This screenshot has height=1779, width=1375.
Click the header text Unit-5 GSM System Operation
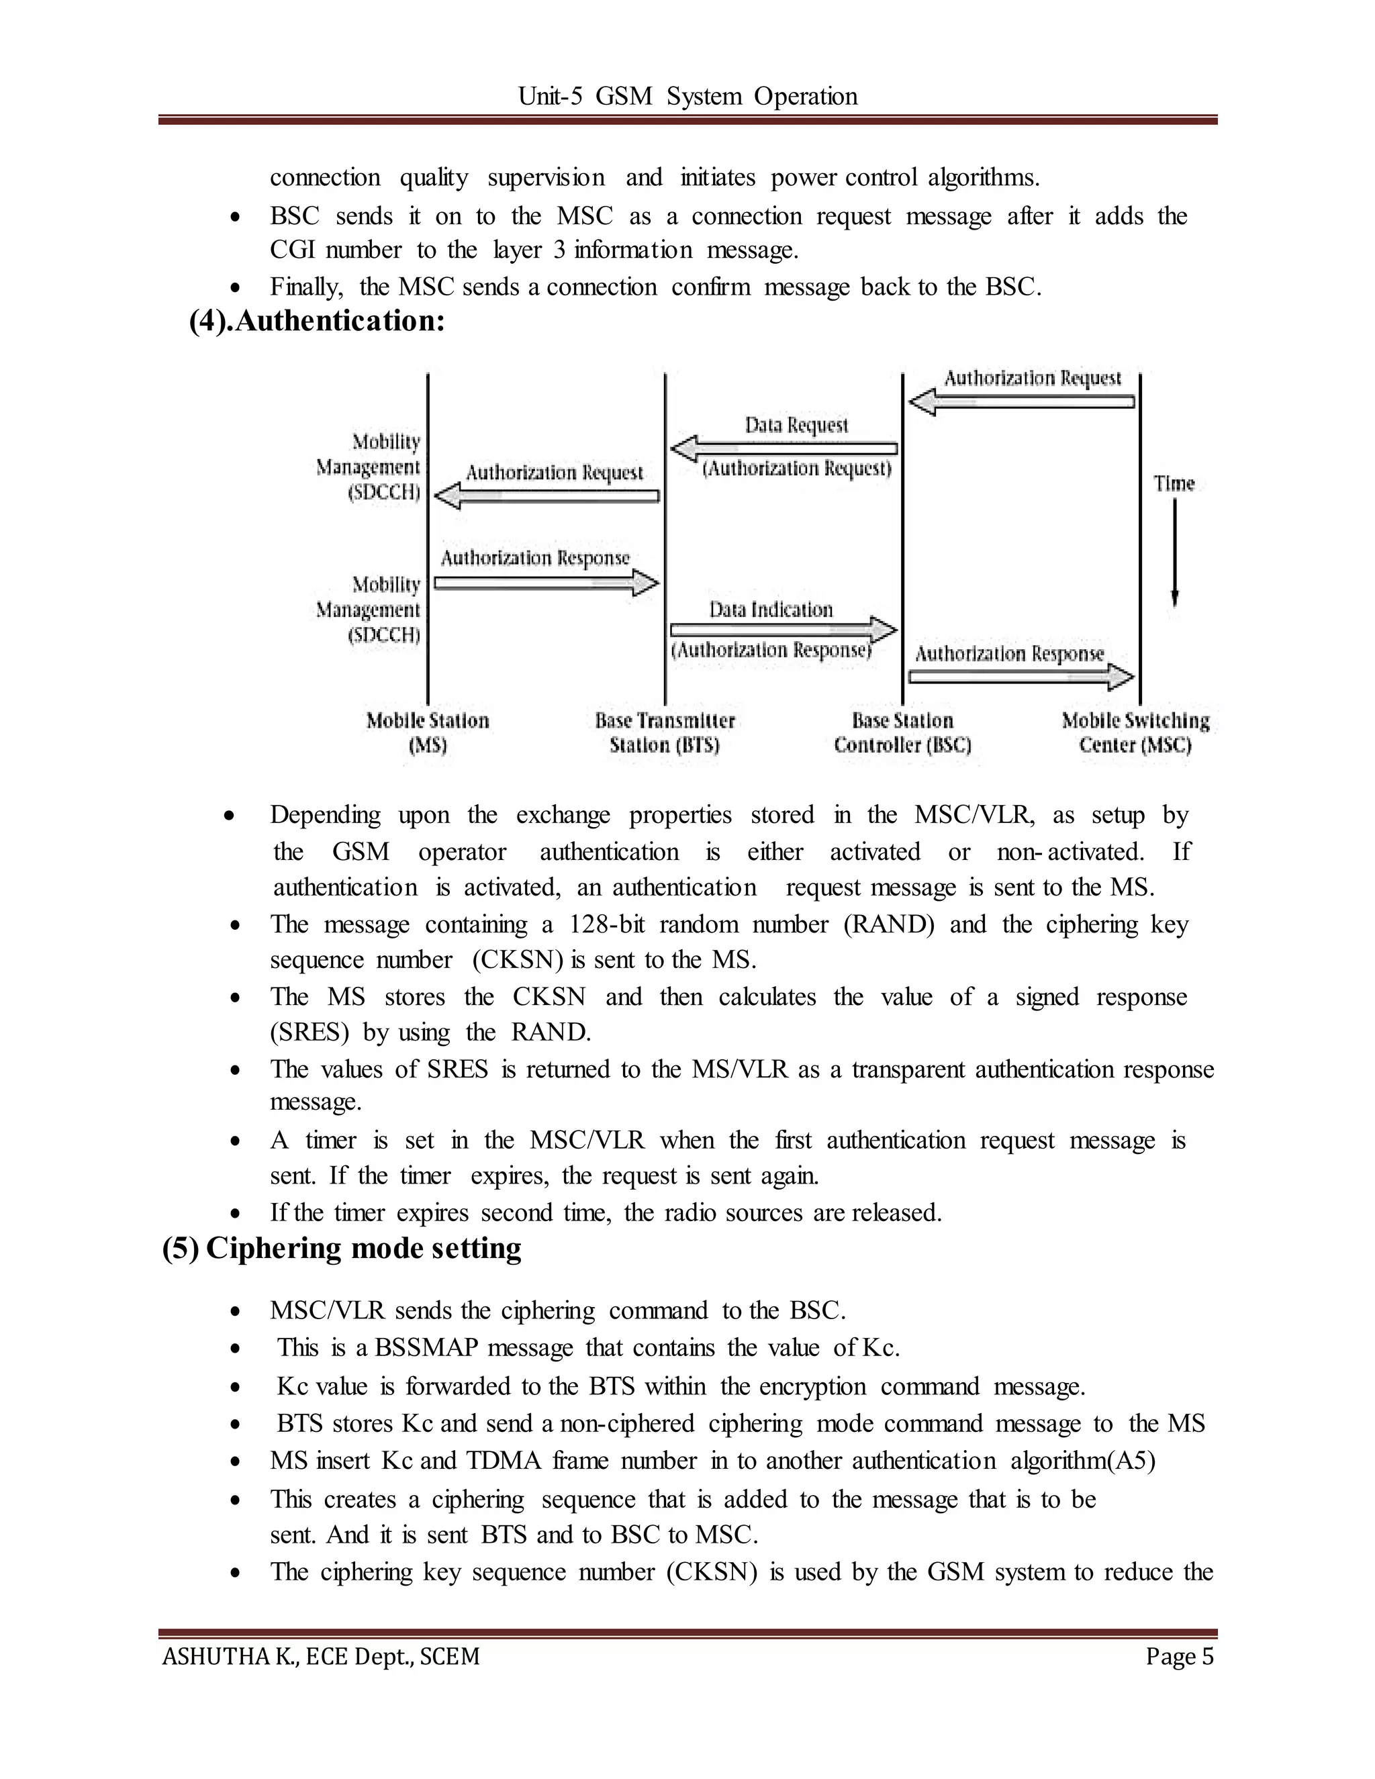(x=687, y=96)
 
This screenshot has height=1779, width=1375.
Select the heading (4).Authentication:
(x=317, y=321)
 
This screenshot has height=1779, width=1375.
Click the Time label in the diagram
(x=1174, y=484)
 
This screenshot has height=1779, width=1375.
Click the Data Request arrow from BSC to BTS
(x=784, y=448)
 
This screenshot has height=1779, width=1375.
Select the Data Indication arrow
(x=784, y=630)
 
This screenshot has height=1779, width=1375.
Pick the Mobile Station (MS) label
(x=428, y=732)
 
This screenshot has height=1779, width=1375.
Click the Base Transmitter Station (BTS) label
(x=665, y=732)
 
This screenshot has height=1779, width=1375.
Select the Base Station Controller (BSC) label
(x=902, y=732)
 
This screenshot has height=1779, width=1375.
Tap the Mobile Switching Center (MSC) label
(x=1135, y=732)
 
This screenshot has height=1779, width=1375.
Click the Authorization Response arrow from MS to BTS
(x=546, y=583)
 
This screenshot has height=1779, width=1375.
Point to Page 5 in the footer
(x=1180, y=1657)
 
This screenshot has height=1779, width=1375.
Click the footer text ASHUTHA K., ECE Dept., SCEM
(x=321, y=1657)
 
